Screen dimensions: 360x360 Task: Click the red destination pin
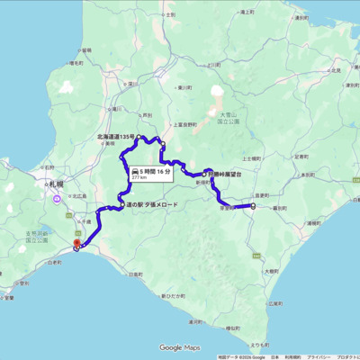(76, 241)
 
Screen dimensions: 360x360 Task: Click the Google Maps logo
(179, 347)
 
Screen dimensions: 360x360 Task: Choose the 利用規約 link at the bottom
(292, 356)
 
